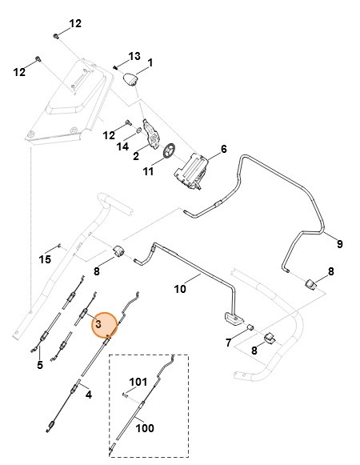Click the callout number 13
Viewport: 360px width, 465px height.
click(134, 56)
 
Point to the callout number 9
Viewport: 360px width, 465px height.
click(339, 243)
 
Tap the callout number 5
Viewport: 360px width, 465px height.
click(40, 367)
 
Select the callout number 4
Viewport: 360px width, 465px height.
click(88, 395)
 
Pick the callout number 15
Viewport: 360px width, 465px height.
click(45, 259)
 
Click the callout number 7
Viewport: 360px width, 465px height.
click(229, 343)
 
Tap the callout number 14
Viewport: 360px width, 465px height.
click(122, 146)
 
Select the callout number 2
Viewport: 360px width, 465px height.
click(136, 155)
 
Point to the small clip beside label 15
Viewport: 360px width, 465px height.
click(62, 247)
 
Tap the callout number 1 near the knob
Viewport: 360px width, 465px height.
click(150, 62)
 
